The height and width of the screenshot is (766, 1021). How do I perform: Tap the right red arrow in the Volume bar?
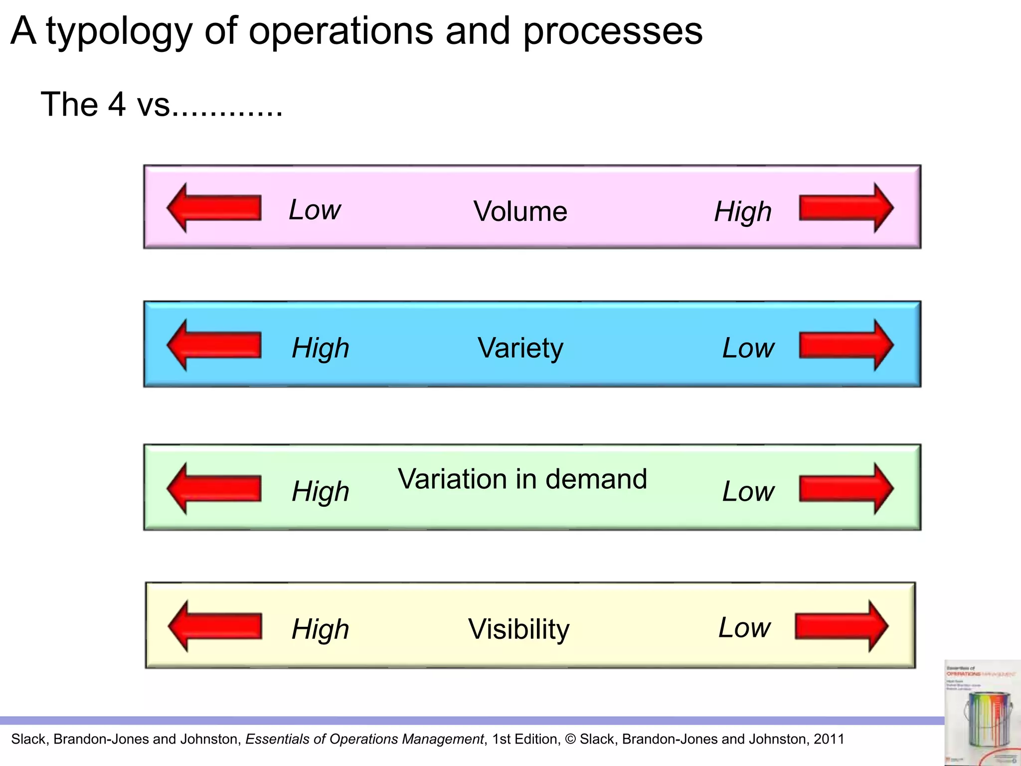pyautogui.click(x=846, y=208)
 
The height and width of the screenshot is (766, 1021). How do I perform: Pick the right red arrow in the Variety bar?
pyautogui.click(x=846, y=345)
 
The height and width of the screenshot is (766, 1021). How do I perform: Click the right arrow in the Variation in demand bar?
pyautogui.click(x=846, y=488)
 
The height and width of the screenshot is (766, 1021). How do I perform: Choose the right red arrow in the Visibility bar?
pyautogui.click(x=842, y=626)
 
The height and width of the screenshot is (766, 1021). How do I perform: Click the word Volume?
pyautogui.click(x=520, y=211)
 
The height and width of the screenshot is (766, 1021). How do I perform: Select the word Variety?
pyautogui.click(x=520, y=348)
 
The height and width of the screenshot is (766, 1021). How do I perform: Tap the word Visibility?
pyautogui.click(x=518, y=629)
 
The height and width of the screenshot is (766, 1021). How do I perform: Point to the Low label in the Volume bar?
pyautogui.click(x=315, y=209)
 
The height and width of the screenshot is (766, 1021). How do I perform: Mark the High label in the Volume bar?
pyautogui.click(x=743, y=212)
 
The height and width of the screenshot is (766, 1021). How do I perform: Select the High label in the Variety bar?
pyautogui.click(x=321, y=348)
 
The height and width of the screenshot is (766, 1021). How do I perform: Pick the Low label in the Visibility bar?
pyautogui.click(x=744, y=627)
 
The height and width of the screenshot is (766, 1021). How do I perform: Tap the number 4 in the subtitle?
pyautogui.click(x=117, y=104)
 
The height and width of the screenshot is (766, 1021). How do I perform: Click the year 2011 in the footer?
pyautogui.click(x=829, y=739)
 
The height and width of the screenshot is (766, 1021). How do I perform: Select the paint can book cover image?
pyautogui.click(x=982, y=713)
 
